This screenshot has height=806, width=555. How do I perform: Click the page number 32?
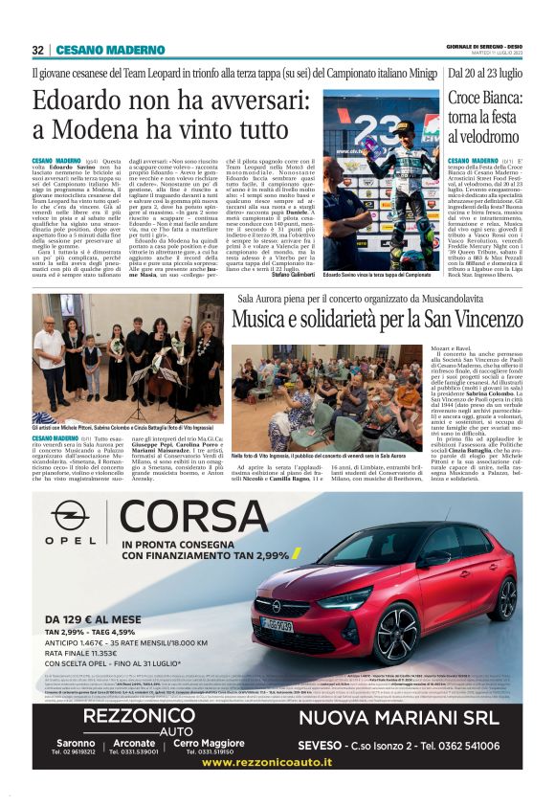pos(37,50)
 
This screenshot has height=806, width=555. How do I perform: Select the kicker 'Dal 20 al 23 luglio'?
pos(484,72)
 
